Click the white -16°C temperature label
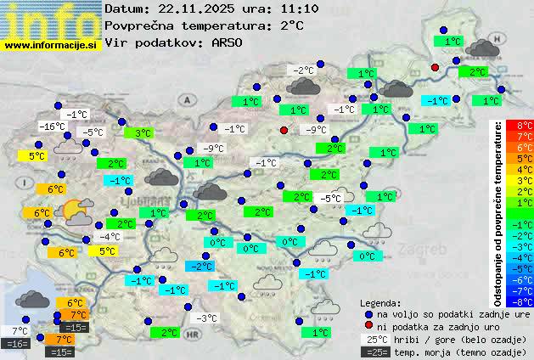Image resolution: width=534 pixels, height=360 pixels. point(53,127)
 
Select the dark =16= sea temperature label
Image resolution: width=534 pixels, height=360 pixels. point(15,344)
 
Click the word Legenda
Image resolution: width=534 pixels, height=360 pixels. point(380,302)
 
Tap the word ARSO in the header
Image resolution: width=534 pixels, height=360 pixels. point(228,42)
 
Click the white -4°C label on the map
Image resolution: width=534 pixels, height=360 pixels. point(109,237)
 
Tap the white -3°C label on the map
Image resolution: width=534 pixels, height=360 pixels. point(206,318)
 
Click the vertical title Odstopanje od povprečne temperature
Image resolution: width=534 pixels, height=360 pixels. point(497,212)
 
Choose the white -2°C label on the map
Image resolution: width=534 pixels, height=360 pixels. point(301,70)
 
